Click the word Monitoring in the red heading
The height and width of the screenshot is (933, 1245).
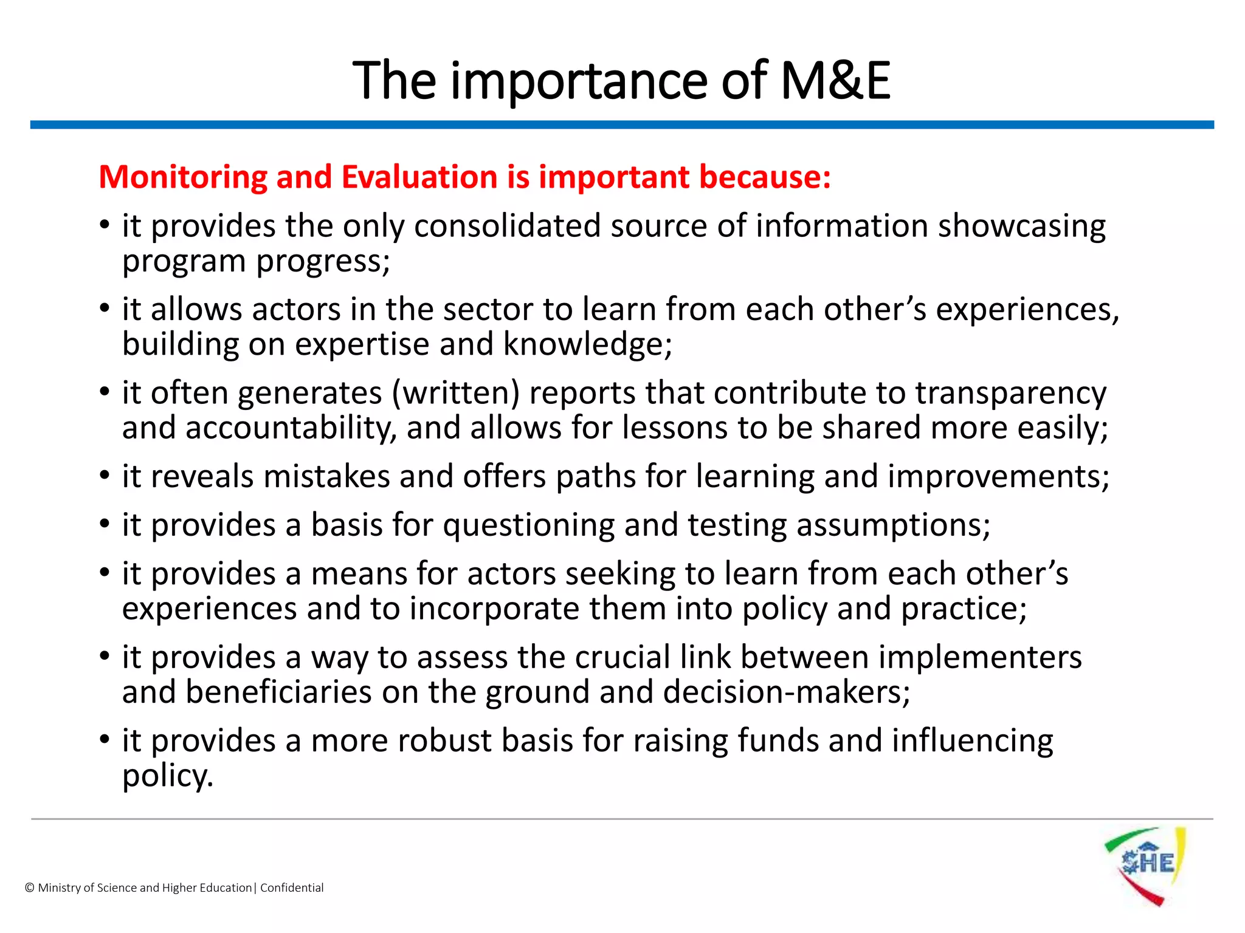pos(183,178)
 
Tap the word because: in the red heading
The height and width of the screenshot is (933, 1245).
pos(764,178)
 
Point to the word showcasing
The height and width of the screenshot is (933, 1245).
pos(1021,227)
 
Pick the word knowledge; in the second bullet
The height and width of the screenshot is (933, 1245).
pos(587,344)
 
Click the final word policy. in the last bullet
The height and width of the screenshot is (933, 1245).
pos(168,776)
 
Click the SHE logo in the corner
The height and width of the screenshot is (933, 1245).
pos(1145,865)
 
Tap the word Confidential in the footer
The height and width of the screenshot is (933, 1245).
pos(292,888)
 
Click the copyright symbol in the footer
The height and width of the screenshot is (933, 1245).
pos(29,888)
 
